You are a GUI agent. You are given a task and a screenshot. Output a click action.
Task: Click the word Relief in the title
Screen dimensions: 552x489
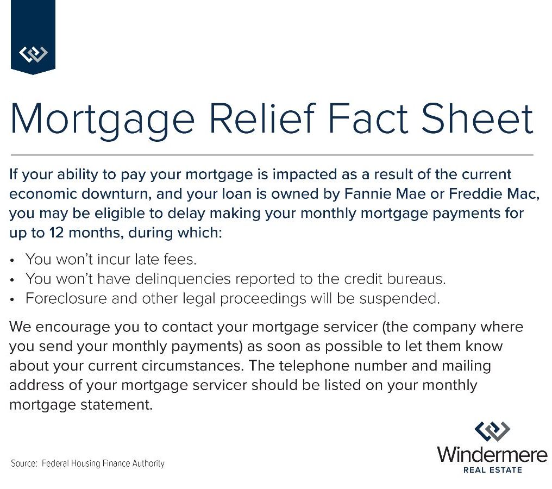point(262,118)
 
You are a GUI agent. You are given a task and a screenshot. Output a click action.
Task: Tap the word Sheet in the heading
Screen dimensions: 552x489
point(477,118)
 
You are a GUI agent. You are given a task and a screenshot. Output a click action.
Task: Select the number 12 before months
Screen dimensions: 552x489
point(57,233)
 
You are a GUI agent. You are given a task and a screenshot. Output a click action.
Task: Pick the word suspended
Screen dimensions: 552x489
point(399,299)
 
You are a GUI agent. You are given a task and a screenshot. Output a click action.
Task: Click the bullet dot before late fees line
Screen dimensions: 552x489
point(12,260)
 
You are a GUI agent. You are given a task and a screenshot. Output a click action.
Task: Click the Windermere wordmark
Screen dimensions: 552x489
point(492,454)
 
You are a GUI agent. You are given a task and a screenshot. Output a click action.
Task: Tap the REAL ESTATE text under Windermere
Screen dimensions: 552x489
point(492,470)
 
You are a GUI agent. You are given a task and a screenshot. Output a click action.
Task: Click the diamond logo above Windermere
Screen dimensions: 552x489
point(492,431)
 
